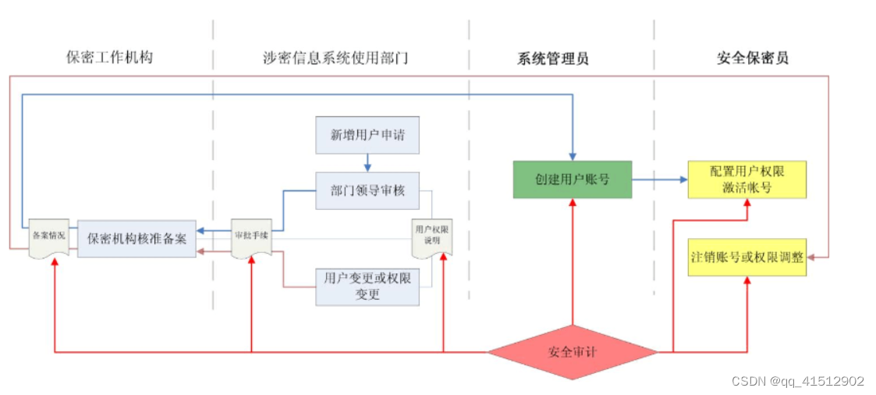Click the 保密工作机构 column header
click(x=109, y=58)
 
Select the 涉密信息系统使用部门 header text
click(x=335, y=58)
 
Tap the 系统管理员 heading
click(x=552, y=58)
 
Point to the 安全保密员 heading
click(x=752, y=58)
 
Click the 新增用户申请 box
click(x=367, y=135)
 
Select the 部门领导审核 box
click(x=367, y=190)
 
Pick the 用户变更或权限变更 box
click(x=367, y=286)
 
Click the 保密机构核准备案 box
click(x=137, y=239)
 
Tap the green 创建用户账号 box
click(x=572, y=179)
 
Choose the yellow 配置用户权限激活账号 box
click(x=747, y=180)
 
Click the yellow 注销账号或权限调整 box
click(x=747, y=257)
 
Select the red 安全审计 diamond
click(x=573, y=352)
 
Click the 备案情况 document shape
click(x=48, y=237)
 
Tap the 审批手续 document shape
click(x=252, y=237)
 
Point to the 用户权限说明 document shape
click(x=431, y=236)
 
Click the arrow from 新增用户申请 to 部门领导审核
click(x=367, y=162)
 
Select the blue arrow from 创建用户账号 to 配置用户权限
click(x=659, y=180)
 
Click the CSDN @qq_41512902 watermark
click(x=797, y=381)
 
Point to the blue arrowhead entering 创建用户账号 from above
click(x=573, y=155)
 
